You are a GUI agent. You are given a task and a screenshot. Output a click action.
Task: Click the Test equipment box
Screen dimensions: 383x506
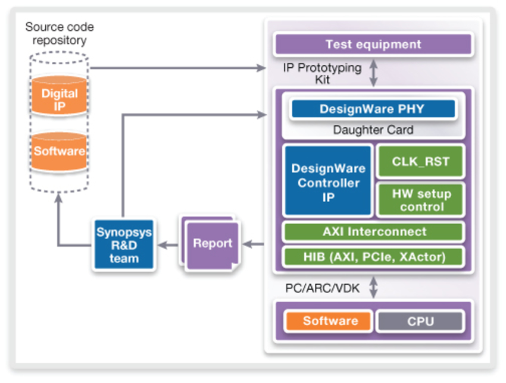click(x=373, y=45)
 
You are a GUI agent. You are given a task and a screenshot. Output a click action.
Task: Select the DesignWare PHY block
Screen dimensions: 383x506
click(x=373, y=109)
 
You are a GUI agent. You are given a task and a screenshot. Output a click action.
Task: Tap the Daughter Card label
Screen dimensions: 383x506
click(x=373, y=130)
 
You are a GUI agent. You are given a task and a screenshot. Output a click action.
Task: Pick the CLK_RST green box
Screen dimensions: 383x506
click(x=420, y=162)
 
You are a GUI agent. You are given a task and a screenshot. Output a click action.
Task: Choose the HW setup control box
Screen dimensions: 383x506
click(x=420, y=200)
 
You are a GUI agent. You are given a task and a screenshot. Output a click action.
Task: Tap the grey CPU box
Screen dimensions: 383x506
click(x=420, y=322)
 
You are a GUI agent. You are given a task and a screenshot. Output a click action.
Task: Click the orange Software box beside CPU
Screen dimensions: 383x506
click(x=329, y=321)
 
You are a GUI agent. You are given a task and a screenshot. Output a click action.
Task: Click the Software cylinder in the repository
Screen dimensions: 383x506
click(x=59, y=151)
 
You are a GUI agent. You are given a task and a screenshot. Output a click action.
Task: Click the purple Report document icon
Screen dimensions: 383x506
click(x=211, y=244)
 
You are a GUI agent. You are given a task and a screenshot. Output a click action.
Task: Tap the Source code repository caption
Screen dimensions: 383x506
click(x=59, y=34)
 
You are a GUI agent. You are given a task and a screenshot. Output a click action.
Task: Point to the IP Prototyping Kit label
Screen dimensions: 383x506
click(x=321, y=73)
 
